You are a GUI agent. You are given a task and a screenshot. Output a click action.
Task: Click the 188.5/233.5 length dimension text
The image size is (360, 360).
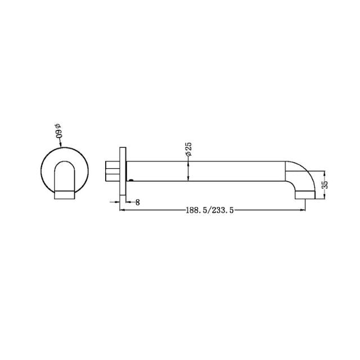(209, 210)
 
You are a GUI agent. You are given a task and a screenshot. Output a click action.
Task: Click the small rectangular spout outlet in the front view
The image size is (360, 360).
(64, 195)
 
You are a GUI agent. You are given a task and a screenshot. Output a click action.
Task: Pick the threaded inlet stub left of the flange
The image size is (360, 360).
(112, 170)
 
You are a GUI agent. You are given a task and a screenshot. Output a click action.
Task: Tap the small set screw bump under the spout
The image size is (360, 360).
(131, 181)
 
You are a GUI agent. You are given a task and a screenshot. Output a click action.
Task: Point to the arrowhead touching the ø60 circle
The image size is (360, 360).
(60, 148)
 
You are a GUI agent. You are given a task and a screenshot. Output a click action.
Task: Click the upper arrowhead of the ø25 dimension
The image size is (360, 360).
(188, 162)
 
